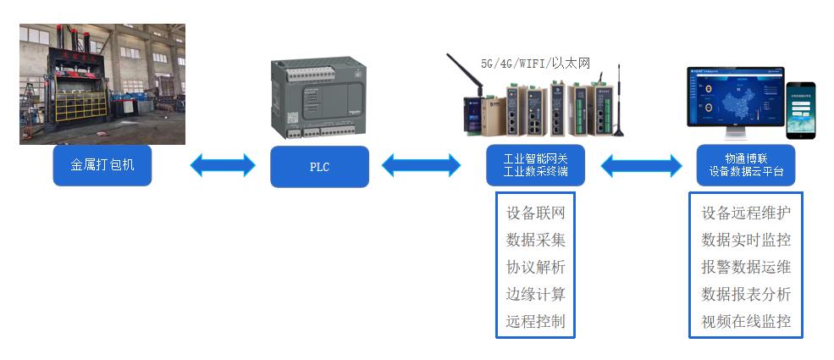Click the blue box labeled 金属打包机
click(102, 165)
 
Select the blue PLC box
click(319, 167)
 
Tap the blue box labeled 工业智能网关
click(535, 165)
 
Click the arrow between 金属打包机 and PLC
click(223, 165)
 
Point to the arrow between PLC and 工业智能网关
click(421, 165)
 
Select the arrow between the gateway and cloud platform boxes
click(641, 165)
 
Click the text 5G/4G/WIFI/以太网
click(534, 64)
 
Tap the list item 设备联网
click(535, 213)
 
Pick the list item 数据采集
click(535, 240)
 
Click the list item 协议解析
click(535, 267)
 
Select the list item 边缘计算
click(535, 294)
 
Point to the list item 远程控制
click(535, 321)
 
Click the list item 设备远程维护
click(746, 213)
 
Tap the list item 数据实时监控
click(746, 240)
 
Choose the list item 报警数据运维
click(746, 267)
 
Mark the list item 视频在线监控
click(746, 321)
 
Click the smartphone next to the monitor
click(800, 110)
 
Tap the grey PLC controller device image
click(318, 99)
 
